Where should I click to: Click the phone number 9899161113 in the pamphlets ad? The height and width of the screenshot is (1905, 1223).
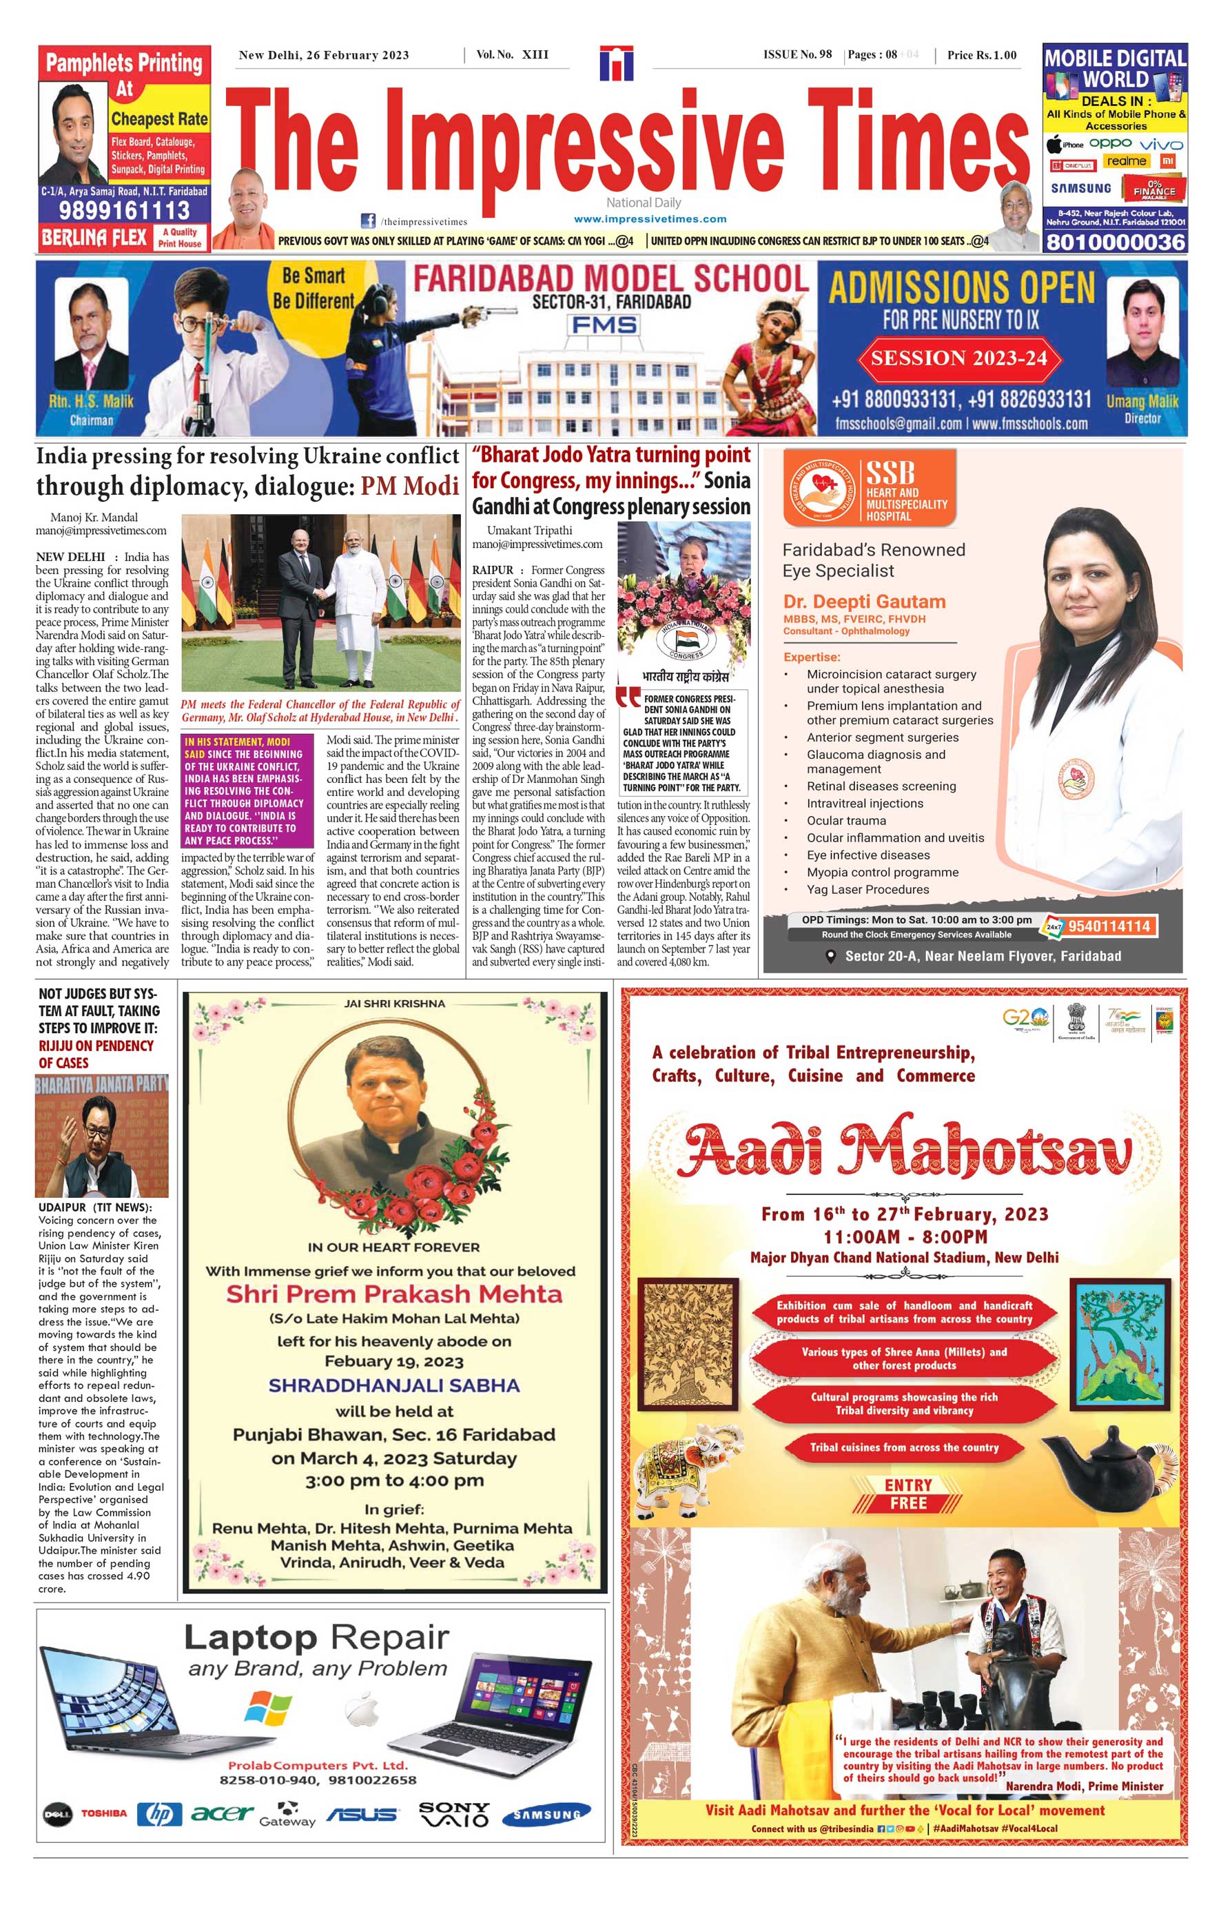pos(124,210)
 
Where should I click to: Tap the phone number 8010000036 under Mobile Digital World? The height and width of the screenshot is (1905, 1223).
pos(1115,241)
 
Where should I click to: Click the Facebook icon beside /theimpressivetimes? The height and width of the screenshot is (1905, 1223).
pos(369,221)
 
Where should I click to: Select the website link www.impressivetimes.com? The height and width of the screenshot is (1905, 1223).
pos(650,218)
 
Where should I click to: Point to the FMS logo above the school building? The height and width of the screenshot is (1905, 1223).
pos(604,325)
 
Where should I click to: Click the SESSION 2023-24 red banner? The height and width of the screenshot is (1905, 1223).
pos(958,358)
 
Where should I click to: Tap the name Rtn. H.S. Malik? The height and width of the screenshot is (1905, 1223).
pos(92,401)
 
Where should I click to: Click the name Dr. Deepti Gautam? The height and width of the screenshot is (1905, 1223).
pos(864,602)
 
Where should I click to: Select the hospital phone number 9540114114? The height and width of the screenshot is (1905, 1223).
pos(1109,926)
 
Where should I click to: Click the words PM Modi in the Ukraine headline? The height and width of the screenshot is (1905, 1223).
pos(410,485)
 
